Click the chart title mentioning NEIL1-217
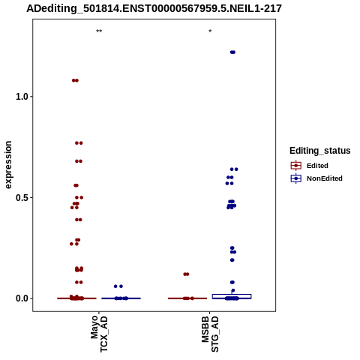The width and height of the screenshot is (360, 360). (154, 9)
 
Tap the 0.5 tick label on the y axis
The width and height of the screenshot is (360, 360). (22, 197)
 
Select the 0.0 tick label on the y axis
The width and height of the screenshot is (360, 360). (22, 298)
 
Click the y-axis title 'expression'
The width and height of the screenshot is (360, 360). (8, 165)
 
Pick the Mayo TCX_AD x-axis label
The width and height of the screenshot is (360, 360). (99, 334)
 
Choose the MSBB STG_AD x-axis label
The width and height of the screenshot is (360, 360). (210, 334)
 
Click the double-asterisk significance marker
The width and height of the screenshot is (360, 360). (99, 31)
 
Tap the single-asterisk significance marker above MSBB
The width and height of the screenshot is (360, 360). (210, 31)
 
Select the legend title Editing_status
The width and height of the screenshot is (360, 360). (320, 151)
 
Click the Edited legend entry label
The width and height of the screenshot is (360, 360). (317, 166)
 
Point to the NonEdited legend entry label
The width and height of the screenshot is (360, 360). (325, 178)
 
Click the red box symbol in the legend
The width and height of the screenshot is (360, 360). (296, 166)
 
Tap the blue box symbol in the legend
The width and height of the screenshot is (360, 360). (296, 178)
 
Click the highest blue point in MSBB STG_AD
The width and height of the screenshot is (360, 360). (232, 52)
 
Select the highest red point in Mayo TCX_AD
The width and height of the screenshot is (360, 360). (75, 80)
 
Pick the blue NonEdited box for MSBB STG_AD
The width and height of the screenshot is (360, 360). (232, 296)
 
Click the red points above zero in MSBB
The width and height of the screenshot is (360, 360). (186, 274)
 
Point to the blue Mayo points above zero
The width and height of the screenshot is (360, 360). (118, 286)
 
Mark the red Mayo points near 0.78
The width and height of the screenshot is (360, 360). (79, 143)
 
